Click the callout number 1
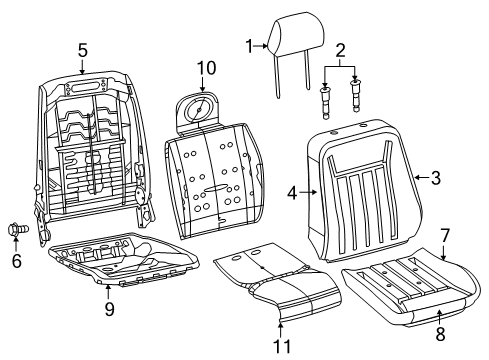point(251,45)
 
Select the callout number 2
point(341,50)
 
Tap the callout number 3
point(436,179)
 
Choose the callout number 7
point(445,236)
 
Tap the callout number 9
point(109,309)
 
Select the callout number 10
point(205,67)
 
